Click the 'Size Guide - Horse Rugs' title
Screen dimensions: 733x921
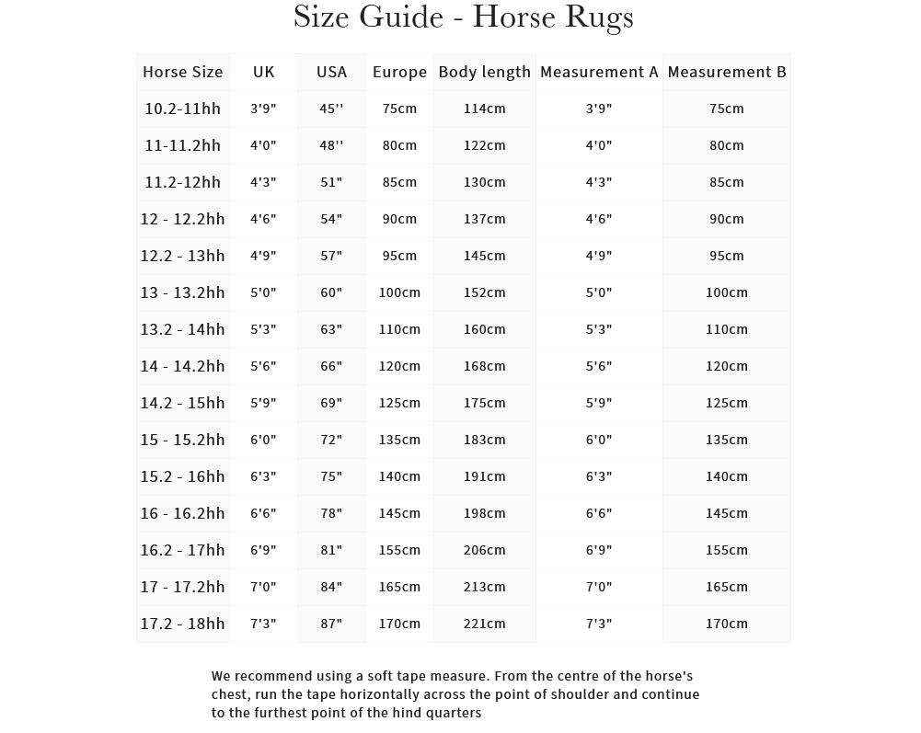[463, 17]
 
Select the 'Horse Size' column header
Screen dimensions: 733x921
[182, 72]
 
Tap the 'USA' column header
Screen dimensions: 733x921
[331, 72]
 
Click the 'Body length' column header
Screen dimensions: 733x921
[484, 72]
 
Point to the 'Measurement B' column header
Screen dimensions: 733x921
[726, 72]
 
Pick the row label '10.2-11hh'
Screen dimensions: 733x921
[182, 109]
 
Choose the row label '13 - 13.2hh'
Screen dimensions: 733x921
[182, 292]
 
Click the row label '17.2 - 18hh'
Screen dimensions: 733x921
[182, 624]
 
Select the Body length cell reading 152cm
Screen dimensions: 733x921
[484, 292]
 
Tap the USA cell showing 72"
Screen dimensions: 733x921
[331, 440]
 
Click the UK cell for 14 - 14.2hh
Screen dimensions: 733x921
[263, 366]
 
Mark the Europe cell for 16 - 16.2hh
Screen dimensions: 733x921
[399, 513]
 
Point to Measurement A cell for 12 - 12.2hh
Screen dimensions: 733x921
[599, 219]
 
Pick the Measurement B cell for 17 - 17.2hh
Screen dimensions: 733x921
[726, 587]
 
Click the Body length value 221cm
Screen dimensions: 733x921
[484, 624]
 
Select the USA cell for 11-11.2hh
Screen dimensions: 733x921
[331, 145]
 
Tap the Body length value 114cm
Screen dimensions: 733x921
[484, 109]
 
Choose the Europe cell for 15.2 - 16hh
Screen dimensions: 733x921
[399, 476]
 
